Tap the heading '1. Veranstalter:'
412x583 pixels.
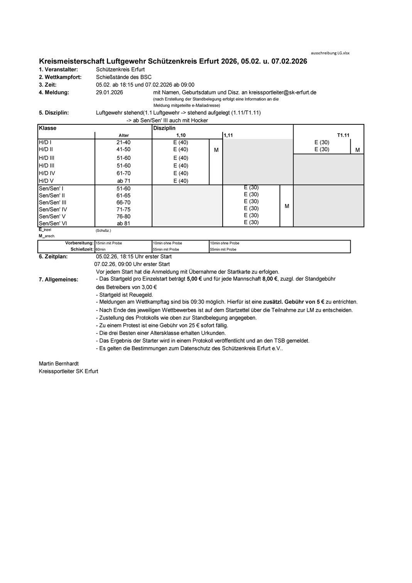click(x=58, y=69)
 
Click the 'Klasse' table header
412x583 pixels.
click(x=47, y=128)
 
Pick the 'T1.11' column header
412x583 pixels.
click(x=343, y=136)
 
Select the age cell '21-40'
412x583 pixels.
click(x=123, y=142)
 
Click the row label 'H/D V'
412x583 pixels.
click(x=46, y=181)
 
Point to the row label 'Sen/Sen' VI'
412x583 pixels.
click(x=52, y=223)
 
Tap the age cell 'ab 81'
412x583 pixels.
click(x=123, y=223)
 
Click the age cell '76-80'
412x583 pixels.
click(x=123, y=216)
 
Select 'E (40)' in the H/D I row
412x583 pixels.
click(x=181, y=142)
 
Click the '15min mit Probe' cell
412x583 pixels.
click(x=109, y=243)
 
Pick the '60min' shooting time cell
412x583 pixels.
click(x=101, y=249)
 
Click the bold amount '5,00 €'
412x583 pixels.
click(x=195, y=279)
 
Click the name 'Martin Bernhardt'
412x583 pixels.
click(x=59, y=364)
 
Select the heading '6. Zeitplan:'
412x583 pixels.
click(x=53, y=257)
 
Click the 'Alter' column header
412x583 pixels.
click(x=123, y=136)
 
